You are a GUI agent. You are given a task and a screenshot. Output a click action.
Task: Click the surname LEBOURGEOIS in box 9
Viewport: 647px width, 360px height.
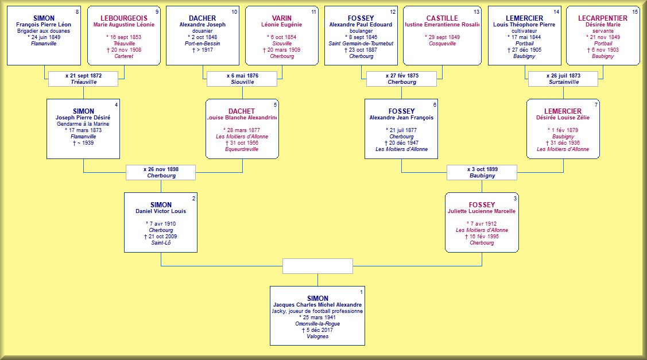(124, 18)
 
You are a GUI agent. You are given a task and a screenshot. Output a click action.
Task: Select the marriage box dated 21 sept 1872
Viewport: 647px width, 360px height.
(83, 79)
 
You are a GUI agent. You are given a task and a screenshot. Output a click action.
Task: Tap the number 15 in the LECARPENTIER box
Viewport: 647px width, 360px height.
(635, 12)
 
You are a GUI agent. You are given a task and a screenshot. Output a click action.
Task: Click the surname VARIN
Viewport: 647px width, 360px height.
(281, 18)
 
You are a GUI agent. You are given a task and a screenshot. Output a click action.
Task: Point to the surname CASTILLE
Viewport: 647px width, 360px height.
(441, 18)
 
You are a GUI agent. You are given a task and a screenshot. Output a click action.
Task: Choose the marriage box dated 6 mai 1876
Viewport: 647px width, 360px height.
(242, 79)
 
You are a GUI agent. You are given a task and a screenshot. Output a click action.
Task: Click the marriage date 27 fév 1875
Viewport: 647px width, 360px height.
(402, 75)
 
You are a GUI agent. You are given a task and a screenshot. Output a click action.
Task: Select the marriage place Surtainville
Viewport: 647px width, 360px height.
(563, 82)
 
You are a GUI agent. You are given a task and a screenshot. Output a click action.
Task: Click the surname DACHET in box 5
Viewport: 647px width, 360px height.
(242, 111)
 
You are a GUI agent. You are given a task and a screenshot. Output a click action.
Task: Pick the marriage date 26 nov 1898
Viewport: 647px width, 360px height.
(161, 169)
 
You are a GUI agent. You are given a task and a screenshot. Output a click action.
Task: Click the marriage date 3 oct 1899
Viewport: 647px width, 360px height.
(482, 169)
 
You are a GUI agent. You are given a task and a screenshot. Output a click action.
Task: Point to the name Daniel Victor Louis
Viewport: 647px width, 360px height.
(161, 211)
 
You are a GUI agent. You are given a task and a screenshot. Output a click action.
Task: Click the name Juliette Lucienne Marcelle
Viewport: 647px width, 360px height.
(482, 211)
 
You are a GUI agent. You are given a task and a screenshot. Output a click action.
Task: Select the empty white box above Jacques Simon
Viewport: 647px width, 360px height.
(317, 266)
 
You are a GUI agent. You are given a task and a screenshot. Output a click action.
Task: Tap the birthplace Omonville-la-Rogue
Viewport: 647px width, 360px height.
(317, 324)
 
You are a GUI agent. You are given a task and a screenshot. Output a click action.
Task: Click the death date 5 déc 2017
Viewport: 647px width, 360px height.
(317, 330)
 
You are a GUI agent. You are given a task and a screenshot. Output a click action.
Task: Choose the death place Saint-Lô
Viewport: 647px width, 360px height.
(161, 243)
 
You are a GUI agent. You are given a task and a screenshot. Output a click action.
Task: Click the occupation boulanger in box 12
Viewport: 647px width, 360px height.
(361, 31)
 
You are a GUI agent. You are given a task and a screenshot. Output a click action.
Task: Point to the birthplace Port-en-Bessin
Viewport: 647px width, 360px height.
(202, 44)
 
